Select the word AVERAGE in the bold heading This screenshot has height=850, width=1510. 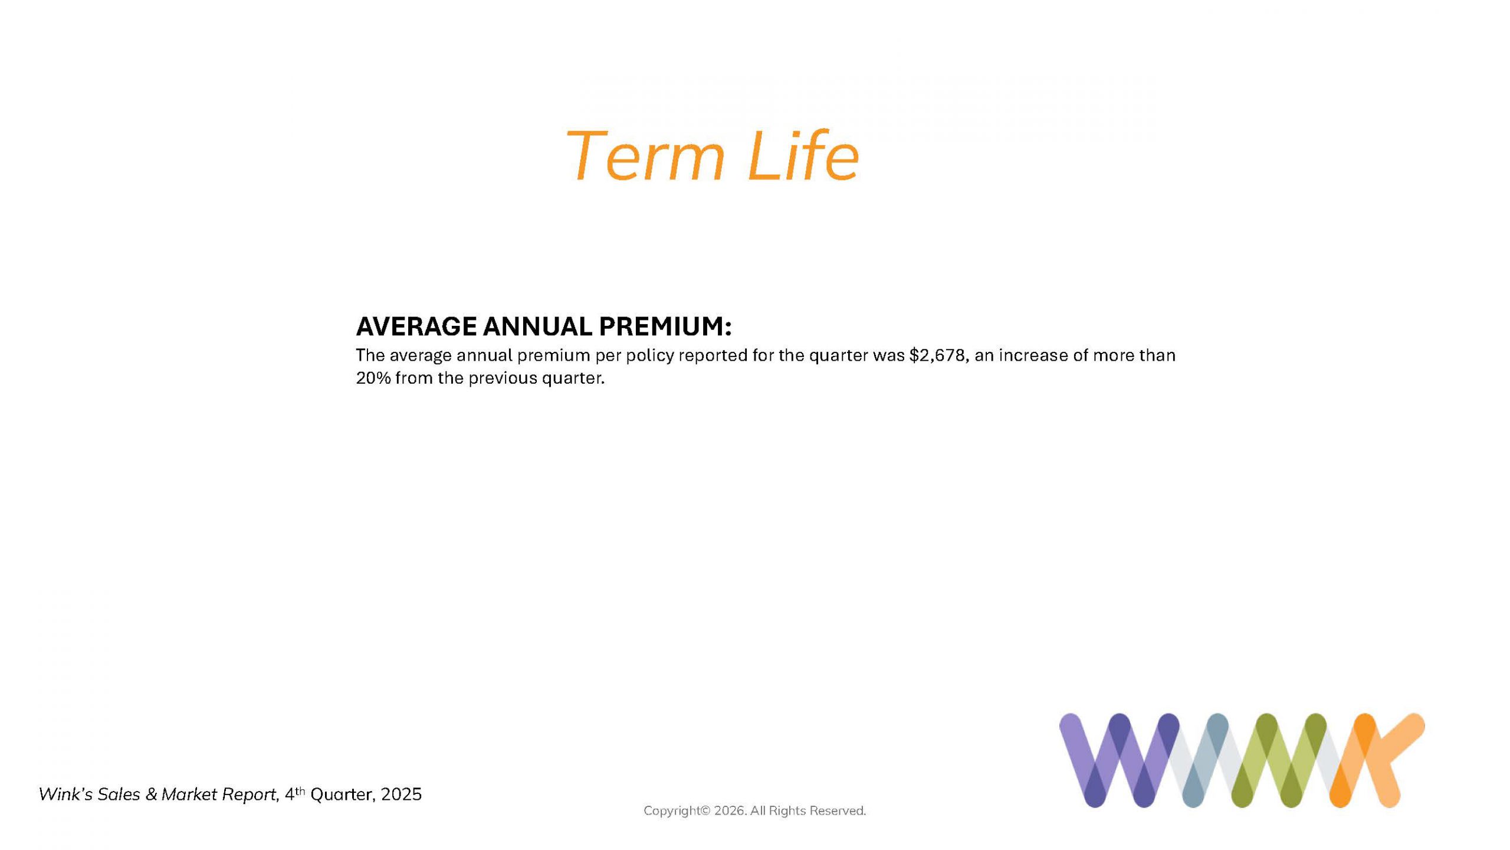coord(416,326)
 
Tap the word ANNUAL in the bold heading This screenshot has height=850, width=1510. coord(537,326)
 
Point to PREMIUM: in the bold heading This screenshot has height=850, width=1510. coord(665,326)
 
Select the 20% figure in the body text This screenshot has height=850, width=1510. coord(373,378)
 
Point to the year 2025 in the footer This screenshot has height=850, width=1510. coord(402,795)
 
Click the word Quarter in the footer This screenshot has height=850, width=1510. coord(343,795)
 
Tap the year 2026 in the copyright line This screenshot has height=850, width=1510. coord(730,811)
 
